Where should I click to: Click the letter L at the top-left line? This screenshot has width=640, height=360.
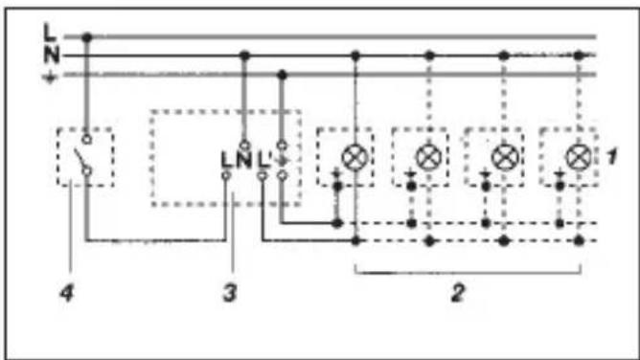pyautogui.click(x=50, y=33)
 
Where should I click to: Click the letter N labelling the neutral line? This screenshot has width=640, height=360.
pyautogui.click(x=52, y=55)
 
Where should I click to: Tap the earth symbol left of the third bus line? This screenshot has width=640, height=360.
pyautogui.click(x=50, y=77)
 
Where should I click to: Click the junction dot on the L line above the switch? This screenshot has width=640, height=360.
pyautogui.click(x=86, y=37)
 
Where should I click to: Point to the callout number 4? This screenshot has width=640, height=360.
pyautogui.click(x=67, y=293)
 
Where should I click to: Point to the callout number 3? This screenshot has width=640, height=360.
pyautogui.click(x=230, y=293)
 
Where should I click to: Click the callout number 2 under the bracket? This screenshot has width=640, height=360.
pyautogui.click(x=458, y=293)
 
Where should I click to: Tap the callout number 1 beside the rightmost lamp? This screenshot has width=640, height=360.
pyautogui.click(x=611, y=157)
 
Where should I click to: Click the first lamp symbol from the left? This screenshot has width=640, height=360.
pyautogui.click(x=354, y=157)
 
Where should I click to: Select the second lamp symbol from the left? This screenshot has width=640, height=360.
pyautogui.click(x=428, y=157)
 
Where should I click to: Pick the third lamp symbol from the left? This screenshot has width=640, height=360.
pyautogui.click(x=504, y=157)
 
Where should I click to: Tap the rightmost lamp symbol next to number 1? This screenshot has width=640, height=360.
pyautogui.click(x=579, y=157)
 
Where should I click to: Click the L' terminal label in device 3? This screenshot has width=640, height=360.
pyautogui.click(x=263, y=159)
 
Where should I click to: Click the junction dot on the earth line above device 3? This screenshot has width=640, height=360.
pyautogui.click(x=282, y=75)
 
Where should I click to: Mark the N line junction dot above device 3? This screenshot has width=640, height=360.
pyautogui.click(x=244, y=56)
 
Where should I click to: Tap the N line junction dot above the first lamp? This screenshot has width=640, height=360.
pyautogui.click(x=355, y=56)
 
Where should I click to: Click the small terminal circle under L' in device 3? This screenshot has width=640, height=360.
pyautogui.click(x=263, y=176)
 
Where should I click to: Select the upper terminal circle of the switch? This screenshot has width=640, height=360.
pyautogui.click(x=86, y=140)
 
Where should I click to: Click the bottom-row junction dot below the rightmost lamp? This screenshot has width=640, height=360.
pyautogui.click(x=579, y=241)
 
